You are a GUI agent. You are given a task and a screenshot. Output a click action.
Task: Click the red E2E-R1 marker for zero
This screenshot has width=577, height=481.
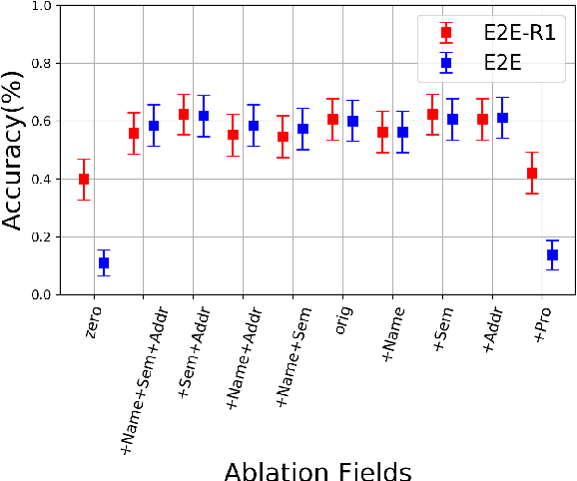point(84,180)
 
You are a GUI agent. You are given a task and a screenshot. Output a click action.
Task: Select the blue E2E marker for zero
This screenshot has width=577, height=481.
point(104,262)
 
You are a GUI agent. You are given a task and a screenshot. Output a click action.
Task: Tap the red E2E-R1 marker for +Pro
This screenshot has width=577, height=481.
point(532,174)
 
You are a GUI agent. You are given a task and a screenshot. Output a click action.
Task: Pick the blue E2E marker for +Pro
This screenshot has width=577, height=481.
point(552,255)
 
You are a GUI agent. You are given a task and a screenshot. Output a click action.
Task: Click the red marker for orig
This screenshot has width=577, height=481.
point(332,120)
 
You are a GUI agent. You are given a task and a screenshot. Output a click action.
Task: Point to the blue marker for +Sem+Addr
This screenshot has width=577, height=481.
point(204,116)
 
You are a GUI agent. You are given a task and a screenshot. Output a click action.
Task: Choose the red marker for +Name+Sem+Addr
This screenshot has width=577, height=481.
point(134,133)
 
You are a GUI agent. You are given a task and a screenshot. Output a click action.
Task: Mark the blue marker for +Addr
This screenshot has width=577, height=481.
point(502,118)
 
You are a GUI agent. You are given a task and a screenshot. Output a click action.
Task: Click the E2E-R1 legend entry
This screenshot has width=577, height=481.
point(496,33)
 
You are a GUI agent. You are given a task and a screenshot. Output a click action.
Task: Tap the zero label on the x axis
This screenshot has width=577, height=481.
point(93,322)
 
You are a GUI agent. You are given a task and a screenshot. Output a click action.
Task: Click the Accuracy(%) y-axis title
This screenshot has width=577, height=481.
point(13,151)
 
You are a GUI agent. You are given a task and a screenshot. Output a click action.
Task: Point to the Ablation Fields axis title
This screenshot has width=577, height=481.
point(317,469)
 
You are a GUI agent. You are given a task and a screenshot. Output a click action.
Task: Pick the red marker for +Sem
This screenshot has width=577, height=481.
point(432,115)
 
